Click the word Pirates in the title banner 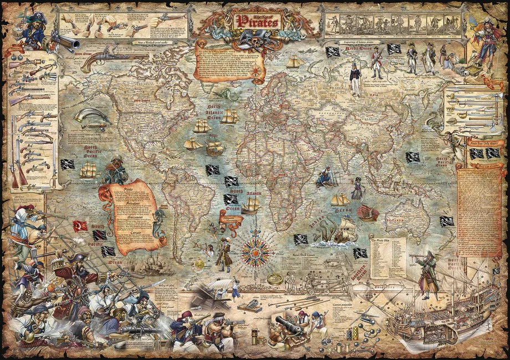(x=258, y=21)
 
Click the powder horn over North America (x=90, y=117)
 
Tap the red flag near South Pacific (x=80, y=227)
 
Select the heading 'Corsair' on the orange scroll (x=129, y=233)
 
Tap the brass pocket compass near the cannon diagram (x=274, y=280)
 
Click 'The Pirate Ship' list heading (x=382, y=241)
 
